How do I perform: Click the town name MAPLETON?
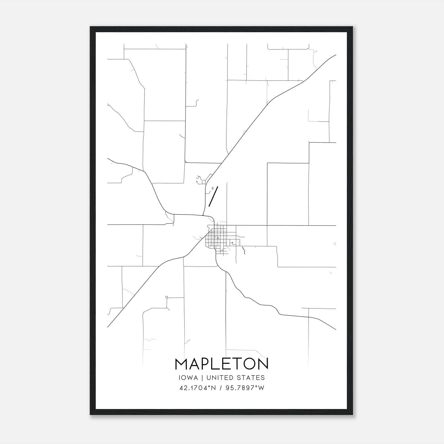click(221, 364)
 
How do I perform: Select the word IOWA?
click(188, 378)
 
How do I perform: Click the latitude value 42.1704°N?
click(198, 388)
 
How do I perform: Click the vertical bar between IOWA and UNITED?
click(202, 378)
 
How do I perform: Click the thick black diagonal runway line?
click(213, 196)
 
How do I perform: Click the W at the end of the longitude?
click(261, 388)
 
